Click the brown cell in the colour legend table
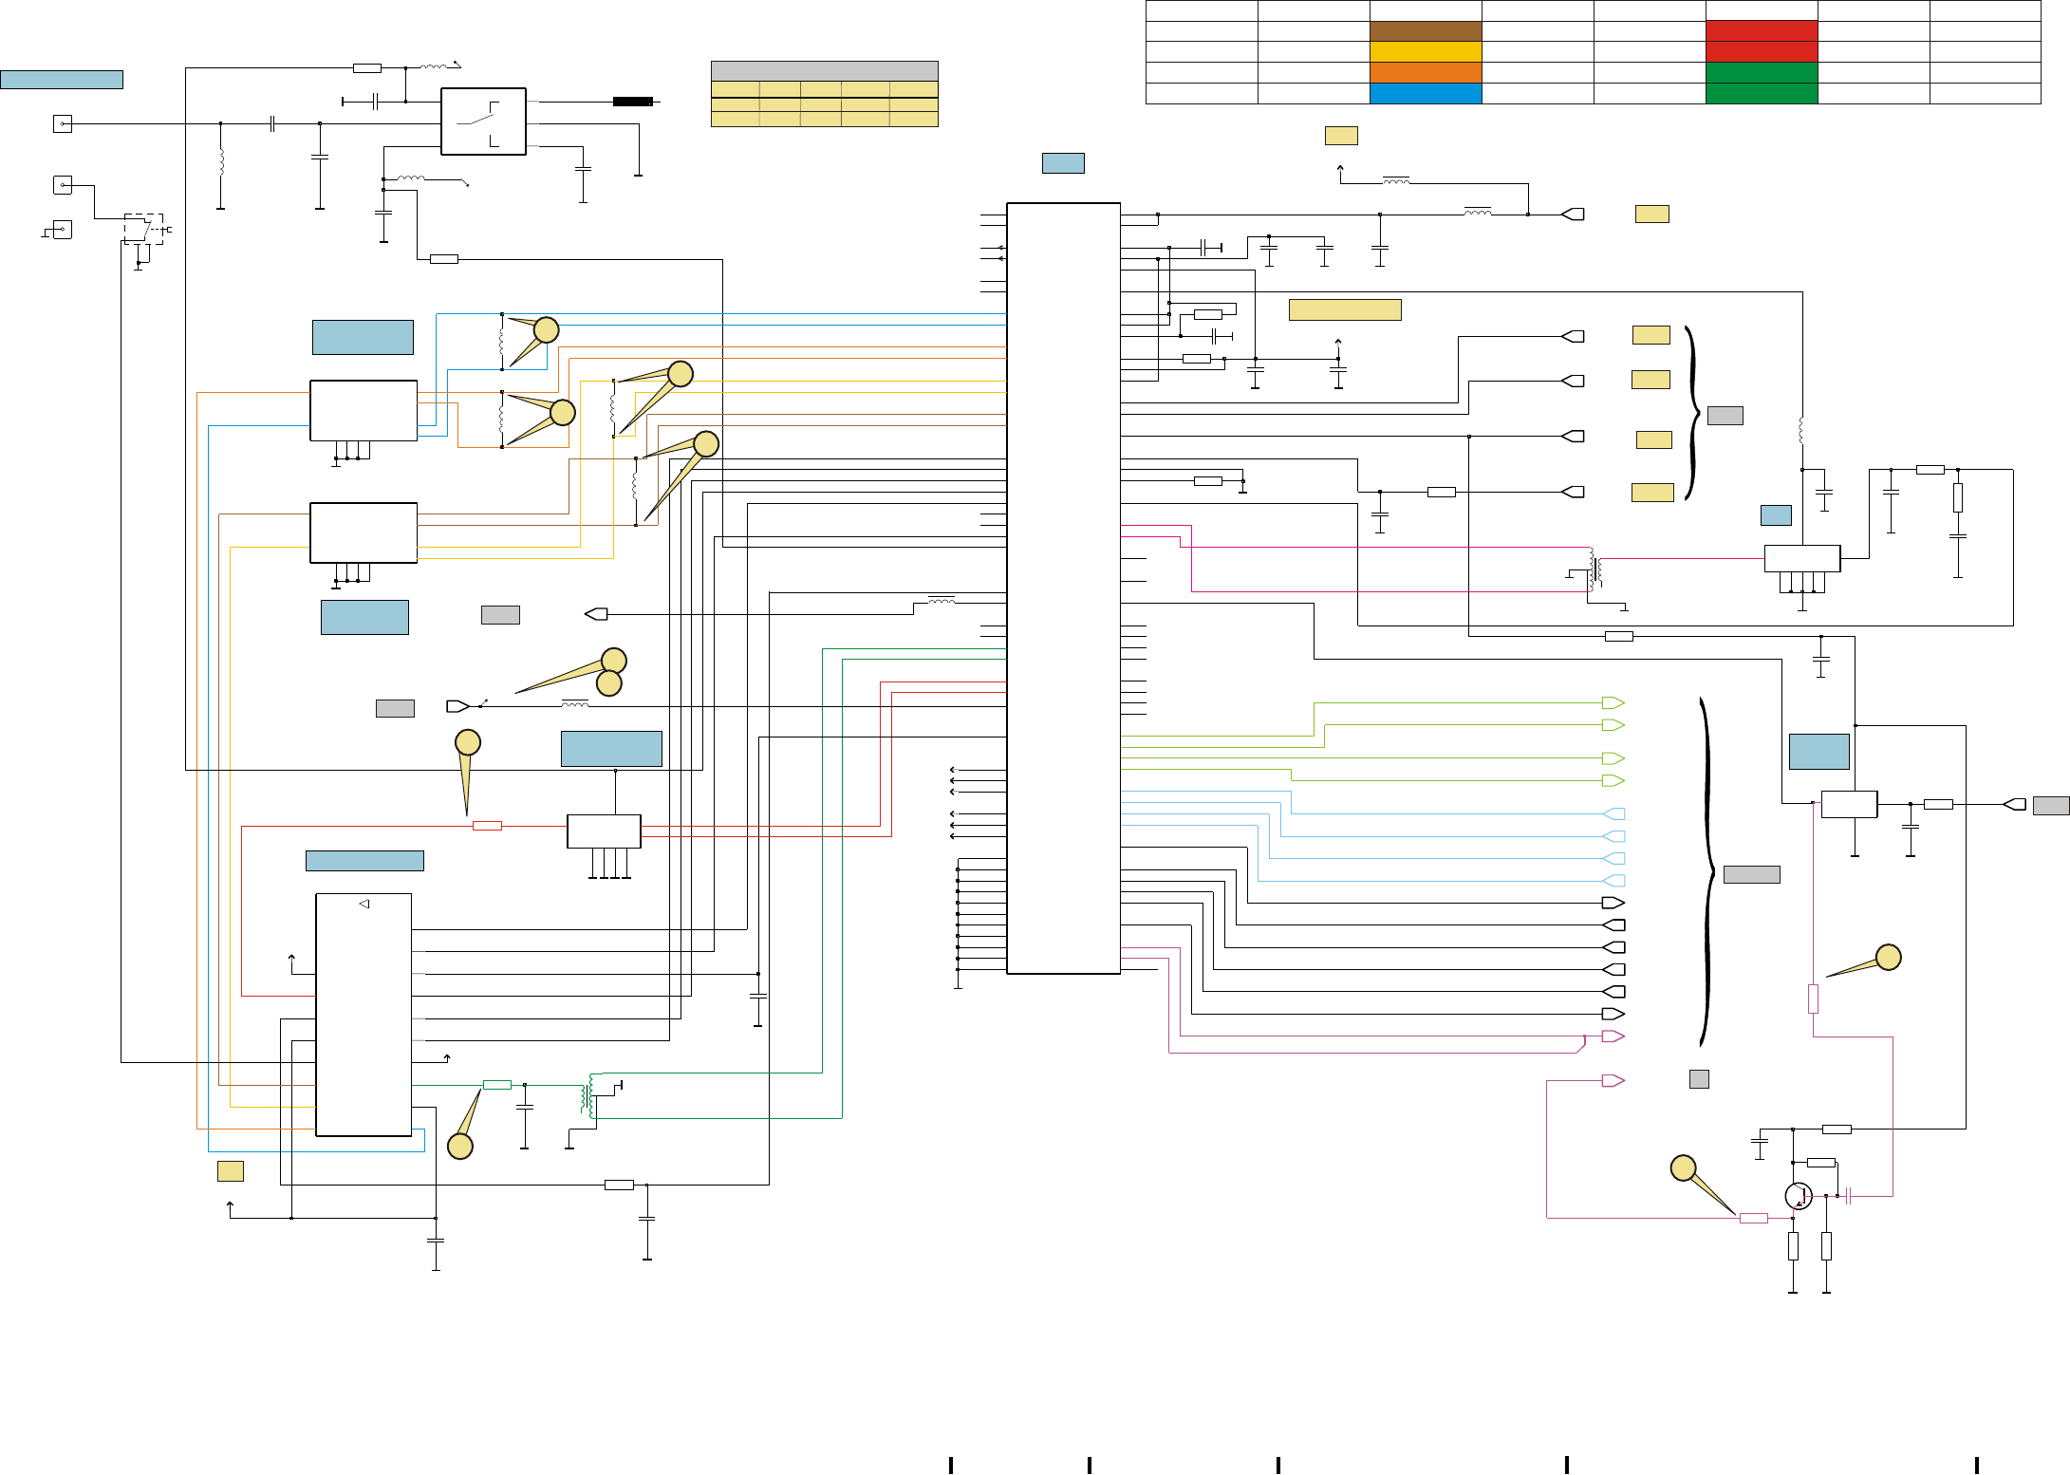(x=1425, y=31)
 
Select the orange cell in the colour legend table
(x=1425, y=72)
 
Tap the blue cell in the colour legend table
(x=1425, y=93)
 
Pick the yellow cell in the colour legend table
(x=1425, y=51)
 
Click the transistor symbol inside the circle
(x=1798, y=1196)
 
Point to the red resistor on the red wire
(x=487, y=826)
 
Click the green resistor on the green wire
(x=497, y=1084)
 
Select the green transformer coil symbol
(x=588, y=1096)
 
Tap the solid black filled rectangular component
(x=632, y=102)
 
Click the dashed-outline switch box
(x=143, y=229)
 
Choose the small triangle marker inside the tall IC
(x=364, y=904)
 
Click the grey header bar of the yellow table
(x=824, y=71)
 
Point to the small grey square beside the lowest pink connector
(x=1699, y=1079)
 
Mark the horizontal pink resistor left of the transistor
(x=1753, y=1218)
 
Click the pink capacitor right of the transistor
(x=1848, y=1196)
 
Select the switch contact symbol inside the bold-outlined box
(x=483, y=121)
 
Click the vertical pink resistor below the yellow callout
(x=1813, y=999)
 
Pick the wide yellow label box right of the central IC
(x=1344, y=309)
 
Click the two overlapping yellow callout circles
(x=611, y=672)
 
